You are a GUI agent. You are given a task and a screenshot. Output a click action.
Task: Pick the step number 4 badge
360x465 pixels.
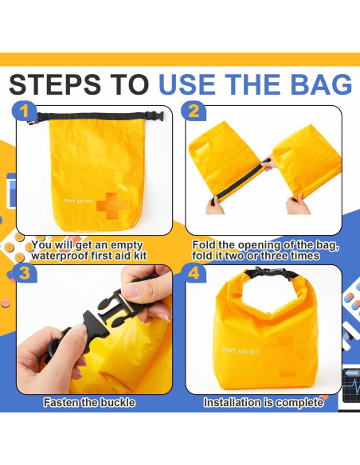pyautogui.click(x=196, y=275)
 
